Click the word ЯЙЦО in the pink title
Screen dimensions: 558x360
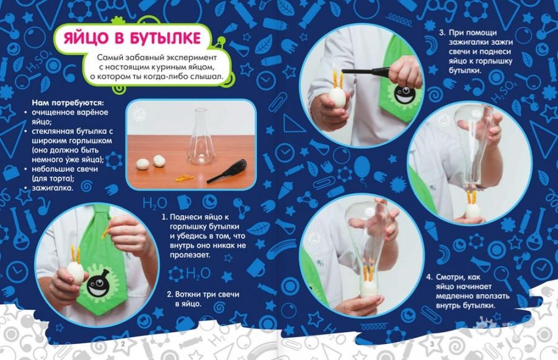click(x=84, y=38)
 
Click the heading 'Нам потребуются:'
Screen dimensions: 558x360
click(x=68, y=103)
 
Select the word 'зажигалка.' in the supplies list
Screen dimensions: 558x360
click(x=52, y=188)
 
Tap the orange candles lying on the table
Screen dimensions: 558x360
click(x=184, y=177)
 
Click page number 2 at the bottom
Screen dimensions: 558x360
click(x=123, y=344)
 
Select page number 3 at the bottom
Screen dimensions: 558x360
click(x=432, y=344)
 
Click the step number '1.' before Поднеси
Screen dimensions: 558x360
click(x=164, y=217)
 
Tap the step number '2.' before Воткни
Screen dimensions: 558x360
click(x=170, y=294)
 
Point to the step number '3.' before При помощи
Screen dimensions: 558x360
click(x=442, y=33)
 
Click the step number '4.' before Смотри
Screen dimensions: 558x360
click(x=430, y=277)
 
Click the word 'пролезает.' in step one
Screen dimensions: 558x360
click(x=190, y=255)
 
